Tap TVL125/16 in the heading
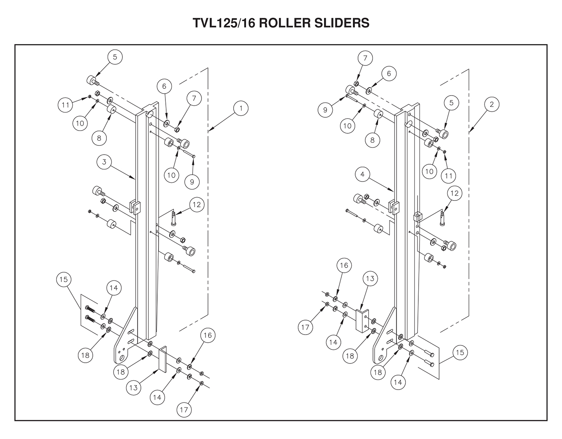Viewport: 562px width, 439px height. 224,23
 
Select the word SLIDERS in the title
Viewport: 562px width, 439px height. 342,23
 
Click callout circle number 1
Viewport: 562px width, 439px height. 241,108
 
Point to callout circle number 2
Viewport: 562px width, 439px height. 492,104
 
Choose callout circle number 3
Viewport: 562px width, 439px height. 104,162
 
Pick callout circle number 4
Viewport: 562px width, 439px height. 362,174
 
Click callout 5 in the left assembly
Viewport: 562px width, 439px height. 115,57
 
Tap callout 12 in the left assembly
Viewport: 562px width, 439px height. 197,204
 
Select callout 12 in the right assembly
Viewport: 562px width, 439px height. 454,193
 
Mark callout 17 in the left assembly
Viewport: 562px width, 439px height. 184,410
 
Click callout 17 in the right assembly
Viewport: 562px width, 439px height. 305,327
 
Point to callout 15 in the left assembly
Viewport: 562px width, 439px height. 63,280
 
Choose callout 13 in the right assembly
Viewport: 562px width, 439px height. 370,279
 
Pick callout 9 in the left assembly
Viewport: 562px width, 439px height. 192,182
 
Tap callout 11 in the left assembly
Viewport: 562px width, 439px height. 65,105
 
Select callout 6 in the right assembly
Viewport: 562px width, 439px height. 389,74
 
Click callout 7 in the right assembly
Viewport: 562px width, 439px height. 365,58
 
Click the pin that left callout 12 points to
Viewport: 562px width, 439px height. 173,218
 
